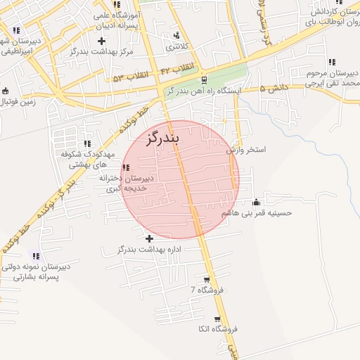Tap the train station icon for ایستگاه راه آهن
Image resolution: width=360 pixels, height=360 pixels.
(204, 79)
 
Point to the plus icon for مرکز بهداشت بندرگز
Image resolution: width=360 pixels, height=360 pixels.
(102, 41)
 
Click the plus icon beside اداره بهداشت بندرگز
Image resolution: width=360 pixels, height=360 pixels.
(149, 238)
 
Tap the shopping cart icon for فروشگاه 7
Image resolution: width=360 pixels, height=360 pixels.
(206, 279)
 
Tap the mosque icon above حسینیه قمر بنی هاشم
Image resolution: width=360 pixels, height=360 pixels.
(256, 201)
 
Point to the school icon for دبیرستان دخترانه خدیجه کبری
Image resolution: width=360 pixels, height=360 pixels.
(125, 167)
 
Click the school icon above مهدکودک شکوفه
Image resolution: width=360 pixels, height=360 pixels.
(88, 143)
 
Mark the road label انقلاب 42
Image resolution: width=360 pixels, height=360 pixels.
(176, 70)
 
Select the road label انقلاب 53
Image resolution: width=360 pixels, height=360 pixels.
(127, 77)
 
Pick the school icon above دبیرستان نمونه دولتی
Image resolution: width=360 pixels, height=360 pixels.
(36, 257)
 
